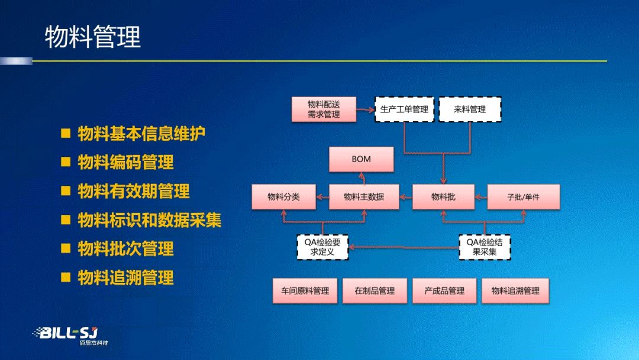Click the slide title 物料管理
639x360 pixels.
coord(93,37)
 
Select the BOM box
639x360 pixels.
coord(361,159)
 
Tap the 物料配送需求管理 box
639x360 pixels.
coord(324,110)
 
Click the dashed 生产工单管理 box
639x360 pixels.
coord(404,110)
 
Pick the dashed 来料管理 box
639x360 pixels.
coord(470,110)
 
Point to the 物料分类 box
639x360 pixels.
coord(283,197)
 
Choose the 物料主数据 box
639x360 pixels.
coord(363,197)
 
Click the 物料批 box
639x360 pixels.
coord(443,197)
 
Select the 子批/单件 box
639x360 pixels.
coord(523,197)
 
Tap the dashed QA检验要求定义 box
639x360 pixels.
coord(322,247)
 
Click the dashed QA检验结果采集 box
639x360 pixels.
coord(485,247)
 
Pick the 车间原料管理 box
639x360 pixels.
coord(305,291)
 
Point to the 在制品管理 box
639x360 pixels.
coord(375,291)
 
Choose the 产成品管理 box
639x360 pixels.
coord(444,291)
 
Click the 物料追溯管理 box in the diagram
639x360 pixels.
coord(515,291)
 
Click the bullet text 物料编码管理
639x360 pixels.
coord(125,162)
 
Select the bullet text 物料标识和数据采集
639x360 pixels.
coord(150,220)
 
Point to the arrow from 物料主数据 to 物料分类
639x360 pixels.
coord(322,197)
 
